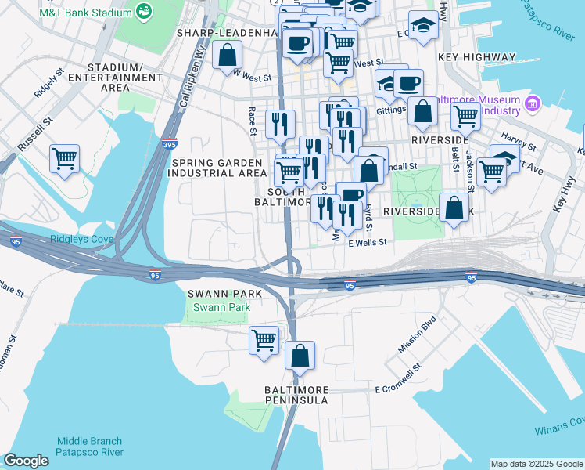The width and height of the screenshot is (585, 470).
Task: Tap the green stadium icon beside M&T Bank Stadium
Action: click(144, 10)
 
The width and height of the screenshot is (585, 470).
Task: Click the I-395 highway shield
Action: click(171, 144)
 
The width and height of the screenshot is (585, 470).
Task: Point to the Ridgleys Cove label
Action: click(76, 240)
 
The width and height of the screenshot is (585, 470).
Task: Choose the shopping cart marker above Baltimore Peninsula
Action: click(264, 340)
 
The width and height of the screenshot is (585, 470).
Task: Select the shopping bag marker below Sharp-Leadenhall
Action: click(227, 54)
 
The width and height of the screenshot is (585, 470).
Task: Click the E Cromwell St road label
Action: click(399, 389)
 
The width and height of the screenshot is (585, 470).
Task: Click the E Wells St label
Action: click(368, 243)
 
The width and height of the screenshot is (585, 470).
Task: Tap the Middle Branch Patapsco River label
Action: click(90, 446)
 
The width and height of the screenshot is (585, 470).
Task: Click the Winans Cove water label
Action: click(559, 428)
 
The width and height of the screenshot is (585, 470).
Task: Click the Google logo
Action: click(26, 461)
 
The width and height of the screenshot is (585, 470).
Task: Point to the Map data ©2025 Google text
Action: click(536, 464)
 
